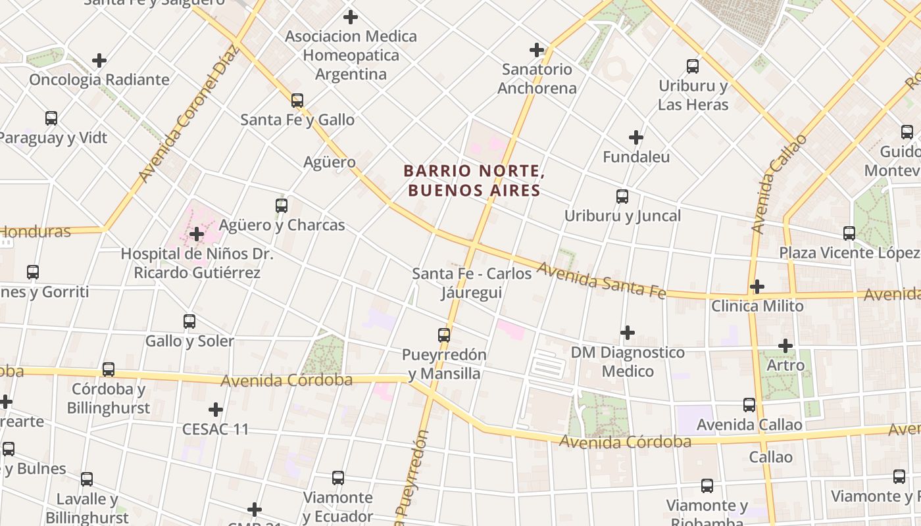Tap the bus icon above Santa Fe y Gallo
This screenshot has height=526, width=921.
tap(297, 101)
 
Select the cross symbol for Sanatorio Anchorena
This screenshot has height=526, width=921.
tap(537, 49)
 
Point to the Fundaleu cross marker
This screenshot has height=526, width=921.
tap(635, 137)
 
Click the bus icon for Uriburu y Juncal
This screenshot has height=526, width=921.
tap(622, 197)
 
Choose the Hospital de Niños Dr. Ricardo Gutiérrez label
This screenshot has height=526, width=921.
tap(197, 263)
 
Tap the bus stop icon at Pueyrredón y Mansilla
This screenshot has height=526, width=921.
tap(444, 335)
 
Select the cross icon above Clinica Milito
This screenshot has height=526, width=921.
tap(757, 287)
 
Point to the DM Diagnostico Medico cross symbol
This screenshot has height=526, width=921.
tap(628, 333)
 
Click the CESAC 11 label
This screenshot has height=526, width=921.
tap(216, 429)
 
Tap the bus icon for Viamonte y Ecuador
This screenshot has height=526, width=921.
tap(338, 478)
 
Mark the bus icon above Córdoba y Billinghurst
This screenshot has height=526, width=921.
tap(109, 370)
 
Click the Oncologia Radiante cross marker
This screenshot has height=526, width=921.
tap(99, 60)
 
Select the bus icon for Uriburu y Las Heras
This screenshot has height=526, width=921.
tap(693, 66)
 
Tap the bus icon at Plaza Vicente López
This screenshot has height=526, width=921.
tap(849, 233)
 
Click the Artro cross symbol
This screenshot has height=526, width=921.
tap(785, 345)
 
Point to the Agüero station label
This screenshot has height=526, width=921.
tap(330, 162)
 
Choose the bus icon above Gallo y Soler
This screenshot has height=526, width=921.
tap(189, 322)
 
